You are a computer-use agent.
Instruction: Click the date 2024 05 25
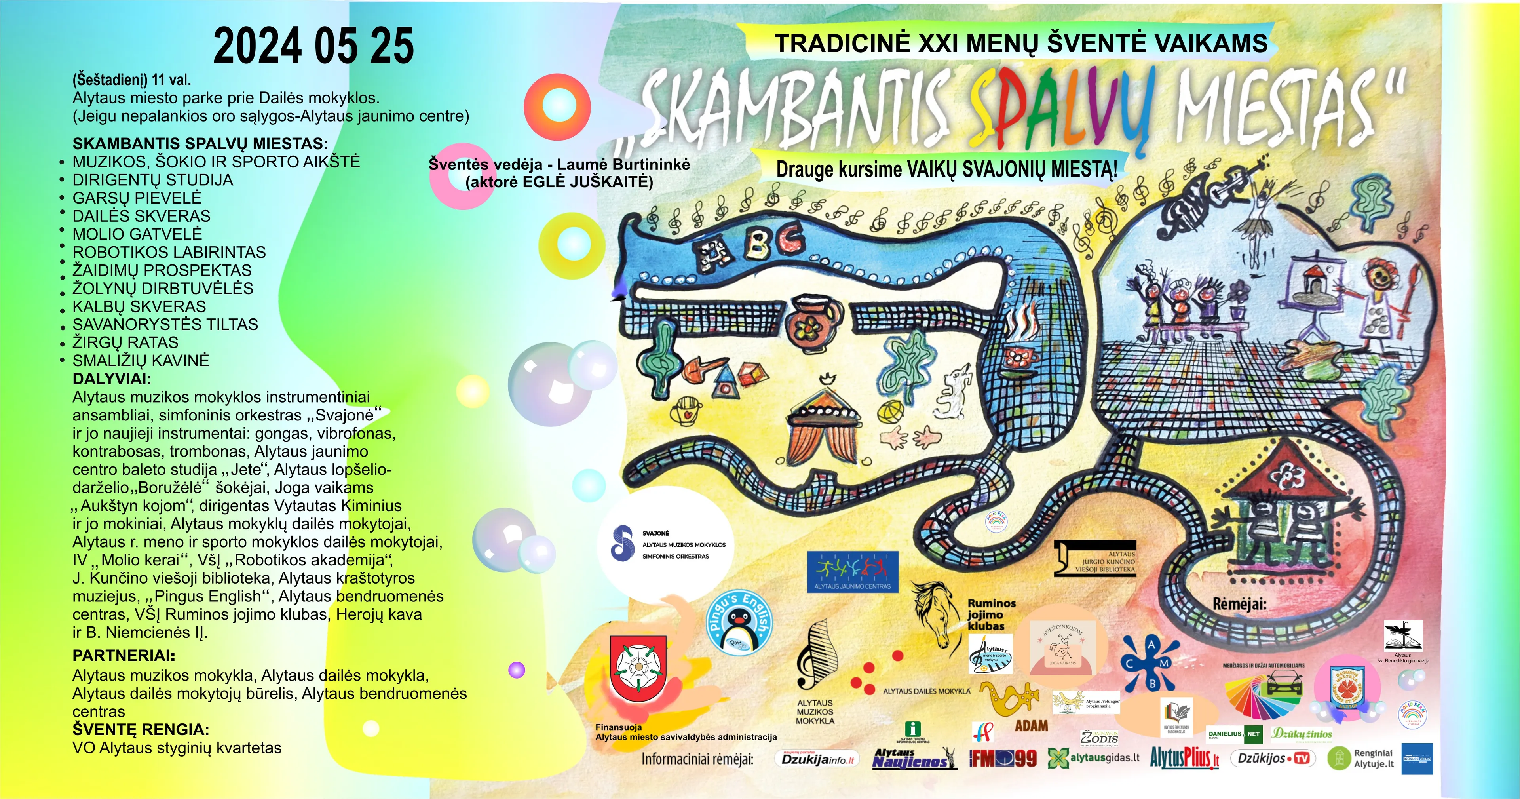[x=313, y=46]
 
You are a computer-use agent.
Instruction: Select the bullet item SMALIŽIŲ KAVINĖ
[x=141, y=361]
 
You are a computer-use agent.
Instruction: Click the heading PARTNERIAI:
[x=124, y=656]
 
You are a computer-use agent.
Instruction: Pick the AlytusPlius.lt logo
[x=1184, y=758]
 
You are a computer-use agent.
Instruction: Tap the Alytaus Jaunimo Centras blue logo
[x=853, y=571]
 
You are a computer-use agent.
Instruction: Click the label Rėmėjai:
[x=1239, y=604]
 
